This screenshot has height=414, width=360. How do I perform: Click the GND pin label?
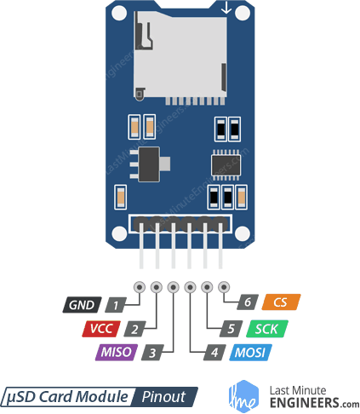point(82,304)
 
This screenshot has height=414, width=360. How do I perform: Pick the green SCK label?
point(266,328)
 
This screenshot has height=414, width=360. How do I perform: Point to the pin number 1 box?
point(117,304)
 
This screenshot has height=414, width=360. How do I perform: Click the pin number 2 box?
point(134,328)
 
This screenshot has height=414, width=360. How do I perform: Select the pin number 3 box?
point(151,351)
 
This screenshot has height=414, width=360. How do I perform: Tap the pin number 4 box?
point(195,351)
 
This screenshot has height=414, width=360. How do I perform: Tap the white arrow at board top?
point(226,9)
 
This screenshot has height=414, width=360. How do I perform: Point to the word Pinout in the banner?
point(163,396)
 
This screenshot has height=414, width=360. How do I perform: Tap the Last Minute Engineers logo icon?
point(244,395)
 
